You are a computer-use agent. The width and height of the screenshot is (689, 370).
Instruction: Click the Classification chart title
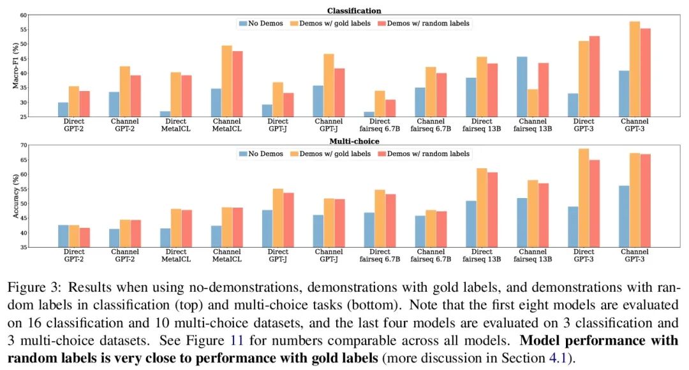(354, 11)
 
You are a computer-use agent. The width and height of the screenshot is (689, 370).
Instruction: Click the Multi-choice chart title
(354, 141)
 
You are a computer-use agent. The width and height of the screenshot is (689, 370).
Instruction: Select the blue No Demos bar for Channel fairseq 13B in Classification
(522, 87)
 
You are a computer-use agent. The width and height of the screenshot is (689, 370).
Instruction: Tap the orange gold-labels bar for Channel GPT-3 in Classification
(635, 69)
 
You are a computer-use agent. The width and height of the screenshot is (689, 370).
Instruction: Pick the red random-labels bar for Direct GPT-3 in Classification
(595, 76)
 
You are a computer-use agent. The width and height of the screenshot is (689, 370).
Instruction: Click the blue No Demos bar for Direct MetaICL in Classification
(165, 114)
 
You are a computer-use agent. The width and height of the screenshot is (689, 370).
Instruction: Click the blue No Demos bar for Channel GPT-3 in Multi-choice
(623, 216)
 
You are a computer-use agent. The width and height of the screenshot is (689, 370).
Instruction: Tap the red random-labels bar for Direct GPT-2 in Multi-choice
(85, 237)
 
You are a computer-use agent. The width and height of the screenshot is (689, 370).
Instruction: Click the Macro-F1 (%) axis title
(17, 66)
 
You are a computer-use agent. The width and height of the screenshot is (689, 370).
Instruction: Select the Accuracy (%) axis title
(17, 196)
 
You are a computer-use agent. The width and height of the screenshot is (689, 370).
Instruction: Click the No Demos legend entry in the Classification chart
(262, 24)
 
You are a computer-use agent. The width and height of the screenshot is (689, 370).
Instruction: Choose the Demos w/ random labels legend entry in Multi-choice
(424, 153)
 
